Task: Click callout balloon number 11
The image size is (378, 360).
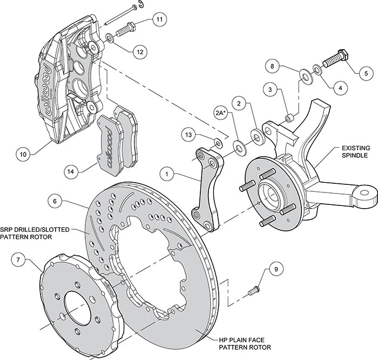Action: click(x=158, y=20)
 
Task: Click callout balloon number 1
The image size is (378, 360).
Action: click(x=169, y=175)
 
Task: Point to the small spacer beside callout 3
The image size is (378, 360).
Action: click(x=290, y=116)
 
